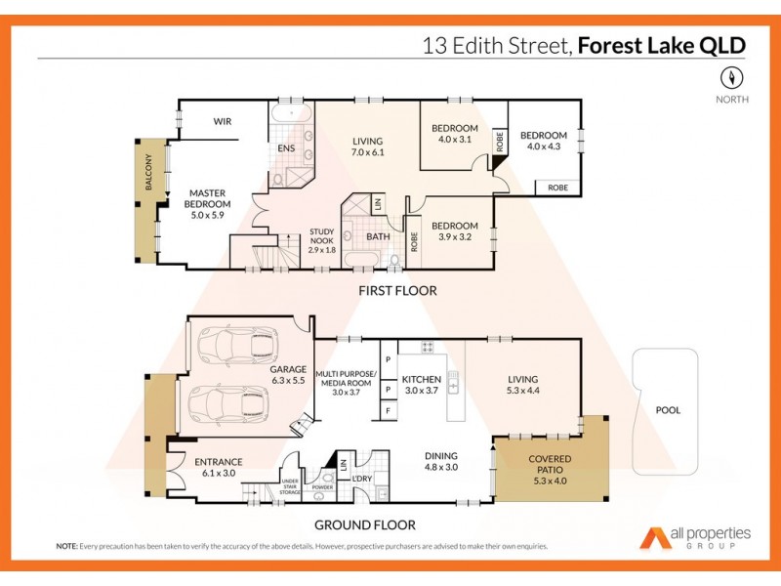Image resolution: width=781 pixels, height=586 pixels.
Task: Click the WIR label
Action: pyautogui.click(x=222, y=122)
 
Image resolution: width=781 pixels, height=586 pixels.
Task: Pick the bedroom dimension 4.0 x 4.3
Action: pyautogui.click(x=543, y=146)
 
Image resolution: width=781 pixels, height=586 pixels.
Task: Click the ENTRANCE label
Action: pyautogui.click(x=219, y=462)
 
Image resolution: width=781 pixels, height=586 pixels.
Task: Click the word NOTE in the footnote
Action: pyautogui.click(x=67, y=546)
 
